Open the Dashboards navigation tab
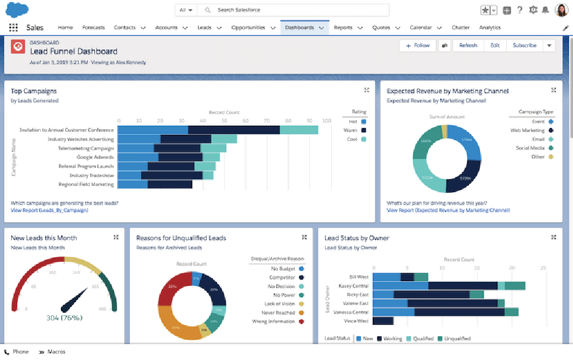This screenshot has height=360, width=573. click(299, 27)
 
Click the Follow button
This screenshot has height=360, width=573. click(417, 46)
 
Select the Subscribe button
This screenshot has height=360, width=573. click(524, 46)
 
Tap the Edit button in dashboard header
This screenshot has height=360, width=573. click(495, 46)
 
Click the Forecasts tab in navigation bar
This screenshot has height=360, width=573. click(93, 27)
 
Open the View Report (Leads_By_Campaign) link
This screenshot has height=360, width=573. click(49, 210)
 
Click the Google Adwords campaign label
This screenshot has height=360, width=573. click(95, 157)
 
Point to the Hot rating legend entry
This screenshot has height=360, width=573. click(353, 121)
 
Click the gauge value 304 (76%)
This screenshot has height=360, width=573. click(64, 318)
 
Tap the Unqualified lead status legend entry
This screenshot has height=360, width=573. click(457, 338)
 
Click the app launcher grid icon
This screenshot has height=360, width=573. click(13, 27)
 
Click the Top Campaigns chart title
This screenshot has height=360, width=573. click(34, 91)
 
